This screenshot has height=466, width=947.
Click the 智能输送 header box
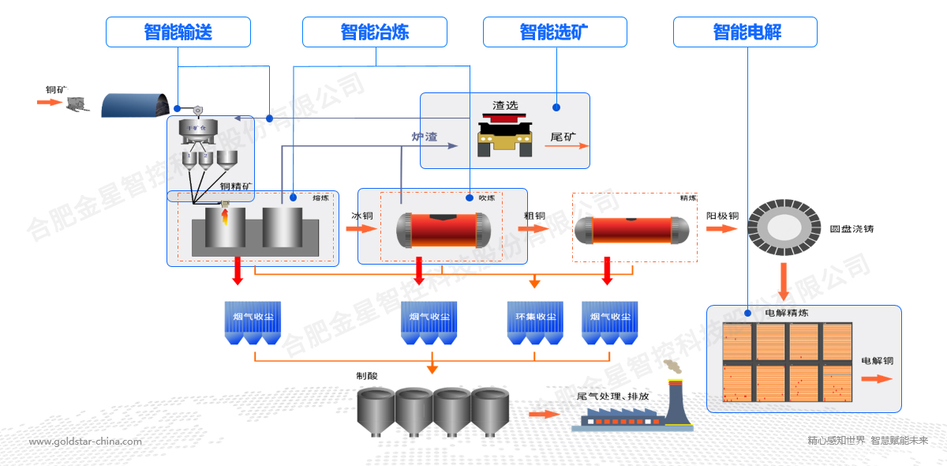coord(178,32)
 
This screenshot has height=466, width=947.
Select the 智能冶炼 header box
coord(375,32)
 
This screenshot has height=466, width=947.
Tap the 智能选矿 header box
coord(555,32)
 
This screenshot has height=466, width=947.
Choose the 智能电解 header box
coord(745,32)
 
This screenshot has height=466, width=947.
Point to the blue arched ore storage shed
coord(136,104)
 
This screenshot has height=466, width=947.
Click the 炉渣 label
coord(425,136)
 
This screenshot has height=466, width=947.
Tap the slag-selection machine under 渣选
coord(505,133)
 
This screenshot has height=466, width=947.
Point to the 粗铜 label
coord(534,216)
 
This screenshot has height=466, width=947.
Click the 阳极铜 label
coord(722,216)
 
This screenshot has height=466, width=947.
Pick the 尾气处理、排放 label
coord(614,396)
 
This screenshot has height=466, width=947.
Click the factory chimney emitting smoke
coord(675,399)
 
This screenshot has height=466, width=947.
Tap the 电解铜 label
coord(877,361)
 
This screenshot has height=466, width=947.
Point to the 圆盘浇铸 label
coord(852,229)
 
